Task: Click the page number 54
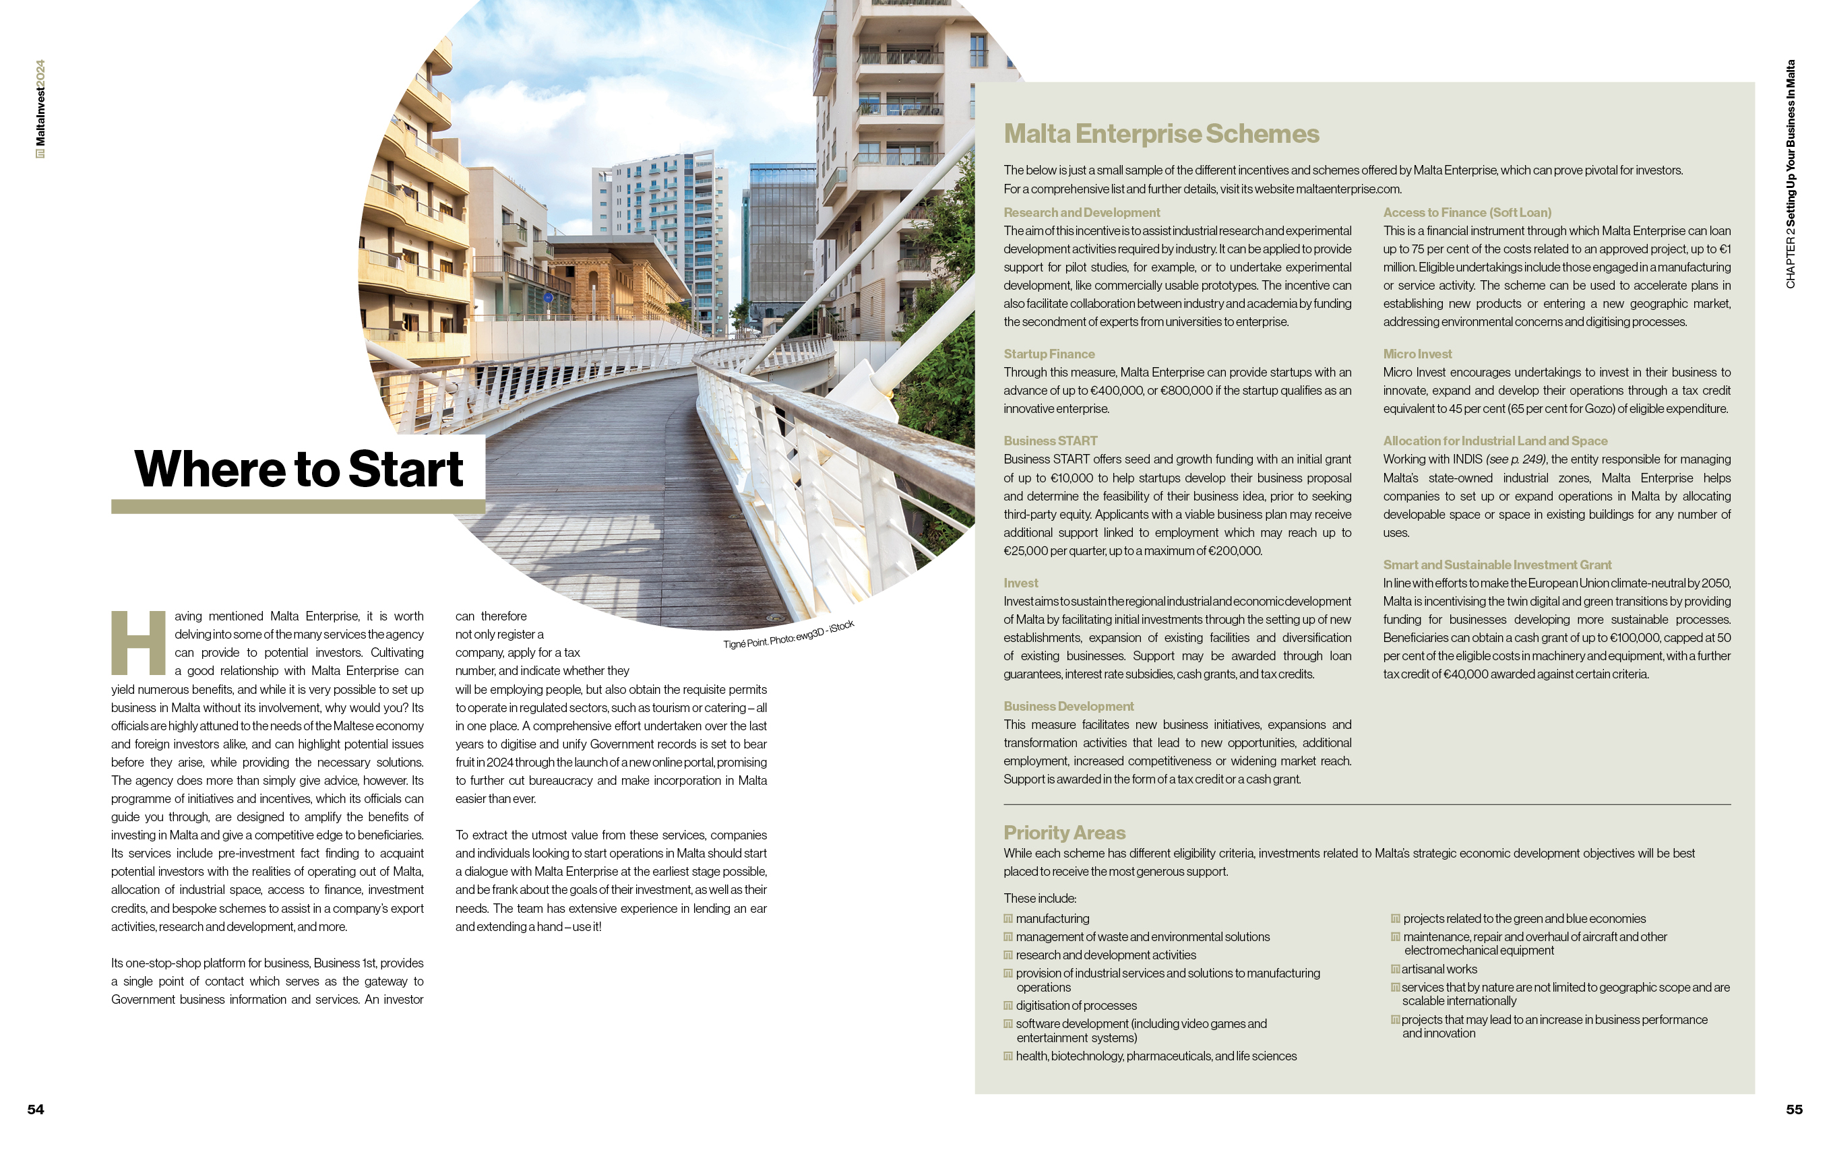(x=36, y=1109)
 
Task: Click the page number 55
(x=1794, y=1109)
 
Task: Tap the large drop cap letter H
(x=138, y=643)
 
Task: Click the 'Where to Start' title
(x=298, y=468)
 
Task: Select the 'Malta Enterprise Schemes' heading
(x=1161, y=134)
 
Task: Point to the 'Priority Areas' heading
(x=1064, y=833)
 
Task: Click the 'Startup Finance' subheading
(x=1049, y=354)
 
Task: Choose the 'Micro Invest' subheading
(x=1417, y=354)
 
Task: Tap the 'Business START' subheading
(x=1050, y=441)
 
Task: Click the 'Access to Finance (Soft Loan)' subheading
(x=1467, y=213)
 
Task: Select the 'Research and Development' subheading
(x=1081, y=213)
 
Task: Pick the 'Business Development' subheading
(x=1068, y=706)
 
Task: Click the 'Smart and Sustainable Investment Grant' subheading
(x=1497, y=565)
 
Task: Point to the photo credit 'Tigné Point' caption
(x=788, y=635)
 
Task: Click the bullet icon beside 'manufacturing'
(x=1008, y=918)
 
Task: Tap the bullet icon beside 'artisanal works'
(x=1395, y=969)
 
